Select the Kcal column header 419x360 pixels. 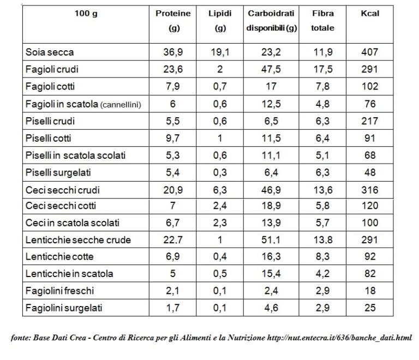370,14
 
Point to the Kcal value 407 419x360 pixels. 370,53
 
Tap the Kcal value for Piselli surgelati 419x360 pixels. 370,173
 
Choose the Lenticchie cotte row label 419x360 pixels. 57,256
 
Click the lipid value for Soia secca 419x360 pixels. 220,53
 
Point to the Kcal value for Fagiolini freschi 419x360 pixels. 370,291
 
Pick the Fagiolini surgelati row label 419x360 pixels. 63,308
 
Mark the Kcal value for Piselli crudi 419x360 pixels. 370,122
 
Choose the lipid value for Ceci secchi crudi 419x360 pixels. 220,190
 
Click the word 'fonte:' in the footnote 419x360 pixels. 20,338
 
